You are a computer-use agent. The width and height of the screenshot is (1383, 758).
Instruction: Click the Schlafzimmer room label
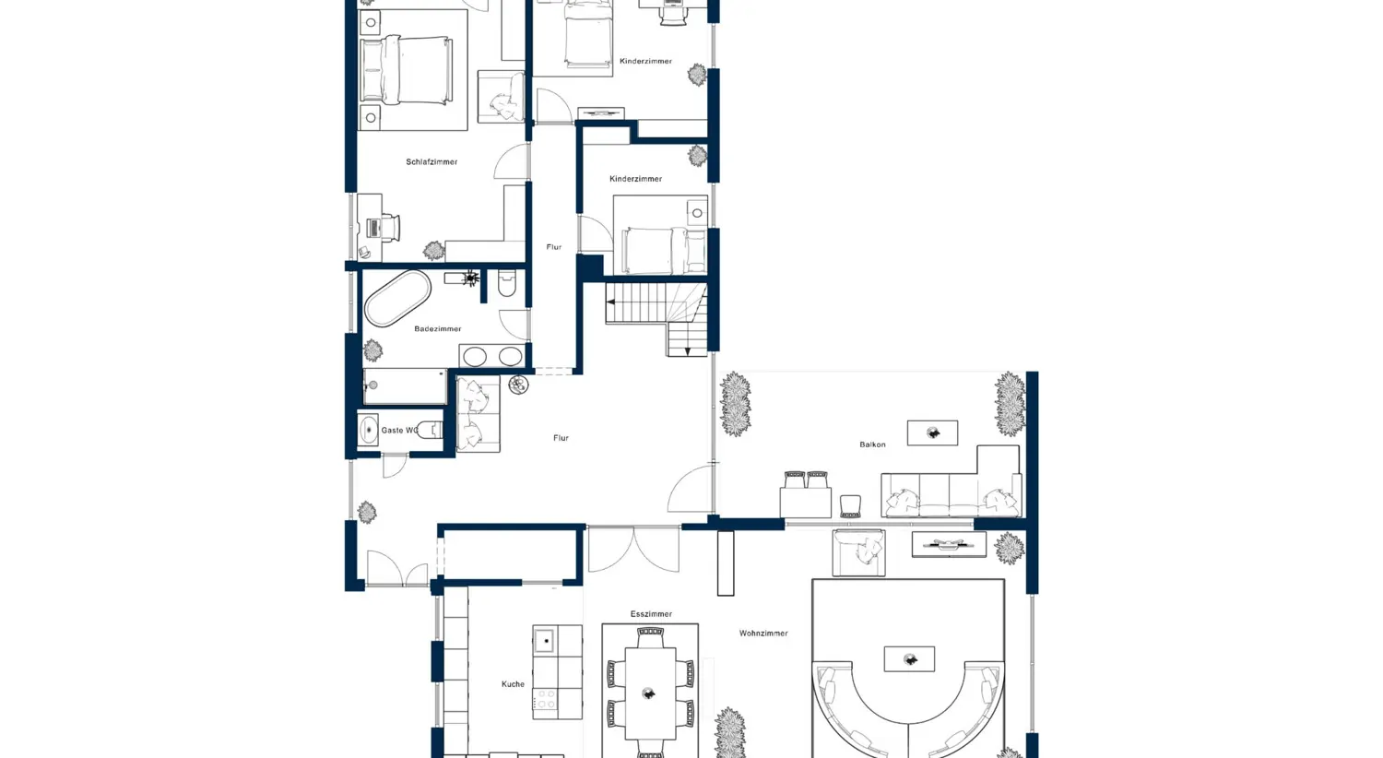pos(431,162)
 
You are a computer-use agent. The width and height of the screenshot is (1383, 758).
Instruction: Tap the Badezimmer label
pos(438,329)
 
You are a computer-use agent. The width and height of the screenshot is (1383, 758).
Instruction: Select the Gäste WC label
pos(398,431)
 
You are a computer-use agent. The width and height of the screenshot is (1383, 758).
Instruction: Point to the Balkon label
pos(872,444)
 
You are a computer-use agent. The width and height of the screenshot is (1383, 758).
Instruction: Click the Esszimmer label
pos(651,614)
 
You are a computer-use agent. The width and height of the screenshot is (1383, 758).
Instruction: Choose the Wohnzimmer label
pos(763,634)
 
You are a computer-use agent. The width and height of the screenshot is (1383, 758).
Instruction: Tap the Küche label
pos(513,684)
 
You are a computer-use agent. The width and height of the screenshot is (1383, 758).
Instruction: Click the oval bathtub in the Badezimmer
pos(397,298)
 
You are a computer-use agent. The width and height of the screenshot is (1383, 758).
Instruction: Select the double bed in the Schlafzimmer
pos(407,71)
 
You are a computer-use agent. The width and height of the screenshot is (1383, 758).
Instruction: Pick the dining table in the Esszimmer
pos(650,692)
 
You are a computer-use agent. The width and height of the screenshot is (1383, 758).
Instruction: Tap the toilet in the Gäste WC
pos(430,430)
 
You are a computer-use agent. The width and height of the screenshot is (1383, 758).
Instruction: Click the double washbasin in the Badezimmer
pos(492,357)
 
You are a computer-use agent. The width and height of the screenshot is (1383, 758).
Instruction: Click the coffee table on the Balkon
pos(932,432)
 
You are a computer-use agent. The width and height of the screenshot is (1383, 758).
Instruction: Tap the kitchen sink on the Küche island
pos(544,640)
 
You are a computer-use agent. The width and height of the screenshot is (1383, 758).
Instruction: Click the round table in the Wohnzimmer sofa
pos(909,658)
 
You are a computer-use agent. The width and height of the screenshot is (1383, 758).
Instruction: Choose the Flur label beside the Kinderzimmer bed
pos(553,247)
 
